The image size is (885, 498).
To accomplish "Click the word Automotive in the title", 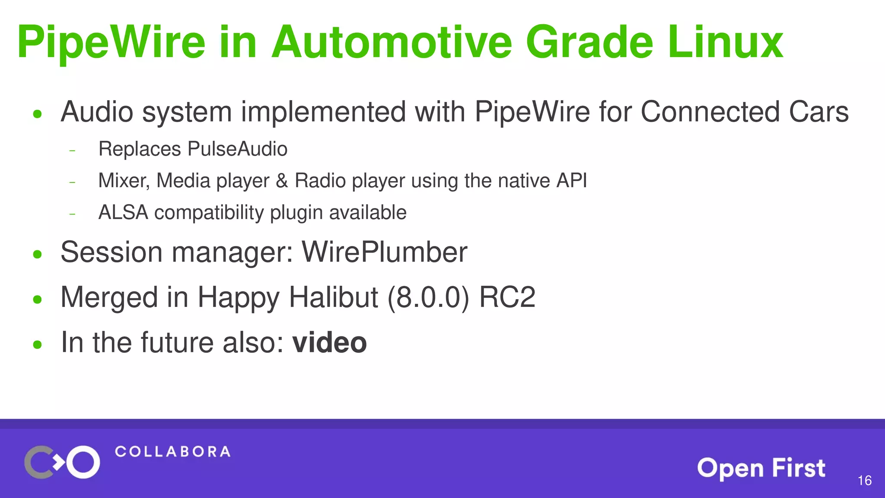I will [x=391, y=42].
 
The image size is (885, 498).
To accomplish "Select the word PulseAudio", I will [x=237, y=149].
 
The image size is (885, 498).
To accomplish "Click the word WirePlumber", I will [x=384, y=252].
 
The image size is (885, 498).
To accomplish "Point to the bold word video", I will [x=329, y=342].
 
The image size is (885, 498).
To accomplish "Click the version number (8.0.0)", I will [x=428, y=297].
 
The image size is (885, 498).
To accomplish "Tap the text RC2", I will [x=507, y=297].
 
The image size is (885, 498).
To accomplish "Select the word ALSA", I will [x=123, y=213].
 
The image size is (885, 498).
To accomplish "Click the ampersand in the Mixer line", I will [x=282, y=181].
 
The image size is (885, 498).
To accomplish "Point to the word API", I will [x=571, y=181].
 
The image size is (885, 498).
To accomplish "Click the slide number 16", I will [x=864, y=480].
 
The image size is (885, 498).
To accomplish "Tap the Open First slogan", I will [x=761, y=468].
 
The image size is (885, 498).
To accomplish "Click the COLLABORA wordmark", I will [x=172, y=452].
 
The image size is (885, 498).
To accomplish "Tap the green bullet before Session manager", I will [x=38, y=254].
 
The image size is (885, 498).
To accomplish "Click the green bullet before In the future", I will [x=38, y=345].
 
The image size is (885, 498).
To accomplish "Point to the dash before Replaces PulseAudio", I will [x=72, y=151].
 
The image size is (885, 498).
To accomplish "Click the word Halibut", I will [x=333, y=297].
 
